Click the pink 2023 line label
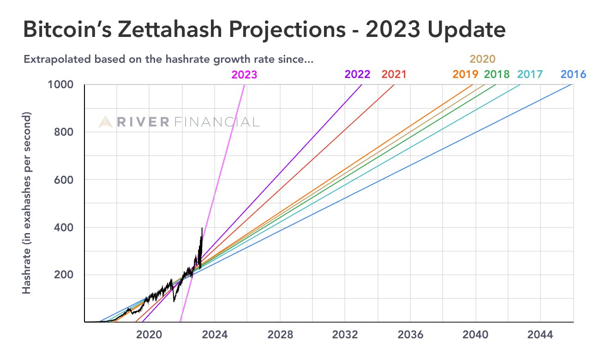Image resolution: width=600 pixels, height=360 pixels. pos(244,74)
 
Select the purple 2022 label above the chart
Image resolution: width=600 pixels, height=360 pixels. pos(357,74)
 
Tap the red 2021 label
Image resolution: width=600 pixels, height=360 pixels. pos(394,74)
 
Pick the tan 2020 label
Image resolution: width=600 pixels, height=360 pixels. pos(483,59)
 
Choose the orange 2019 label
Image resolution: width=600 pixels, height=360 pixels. pos(466,74)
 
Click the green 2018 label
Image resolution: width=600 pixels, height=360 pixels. pos(497,74)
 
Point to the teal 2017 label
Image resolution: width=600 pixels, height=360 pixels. pos(530,74)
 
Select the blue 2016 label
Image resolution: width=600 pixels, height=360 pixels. pos(573,74)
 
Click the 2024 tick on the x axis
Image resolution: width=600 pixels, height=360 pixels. pos(215,335)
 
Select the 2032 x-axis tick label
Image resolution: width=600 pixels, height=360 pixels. pos(345,335)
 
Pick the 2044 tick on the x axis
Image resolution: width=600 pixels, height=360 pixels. pos(540,335)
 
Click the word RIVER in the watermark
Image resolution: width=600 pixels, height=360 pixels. pos(143,122)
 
